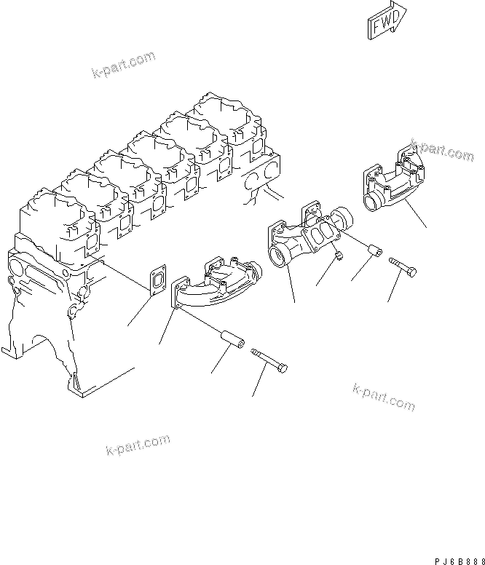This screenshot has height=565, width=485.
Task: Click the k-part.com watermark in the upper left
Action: tap(124, 65)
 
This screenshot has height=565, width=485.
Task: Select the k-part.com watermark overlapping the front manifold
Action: tap(441, 151)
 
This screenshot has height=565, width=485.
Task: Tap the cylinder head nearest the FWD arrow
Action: tap(218, 116)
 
